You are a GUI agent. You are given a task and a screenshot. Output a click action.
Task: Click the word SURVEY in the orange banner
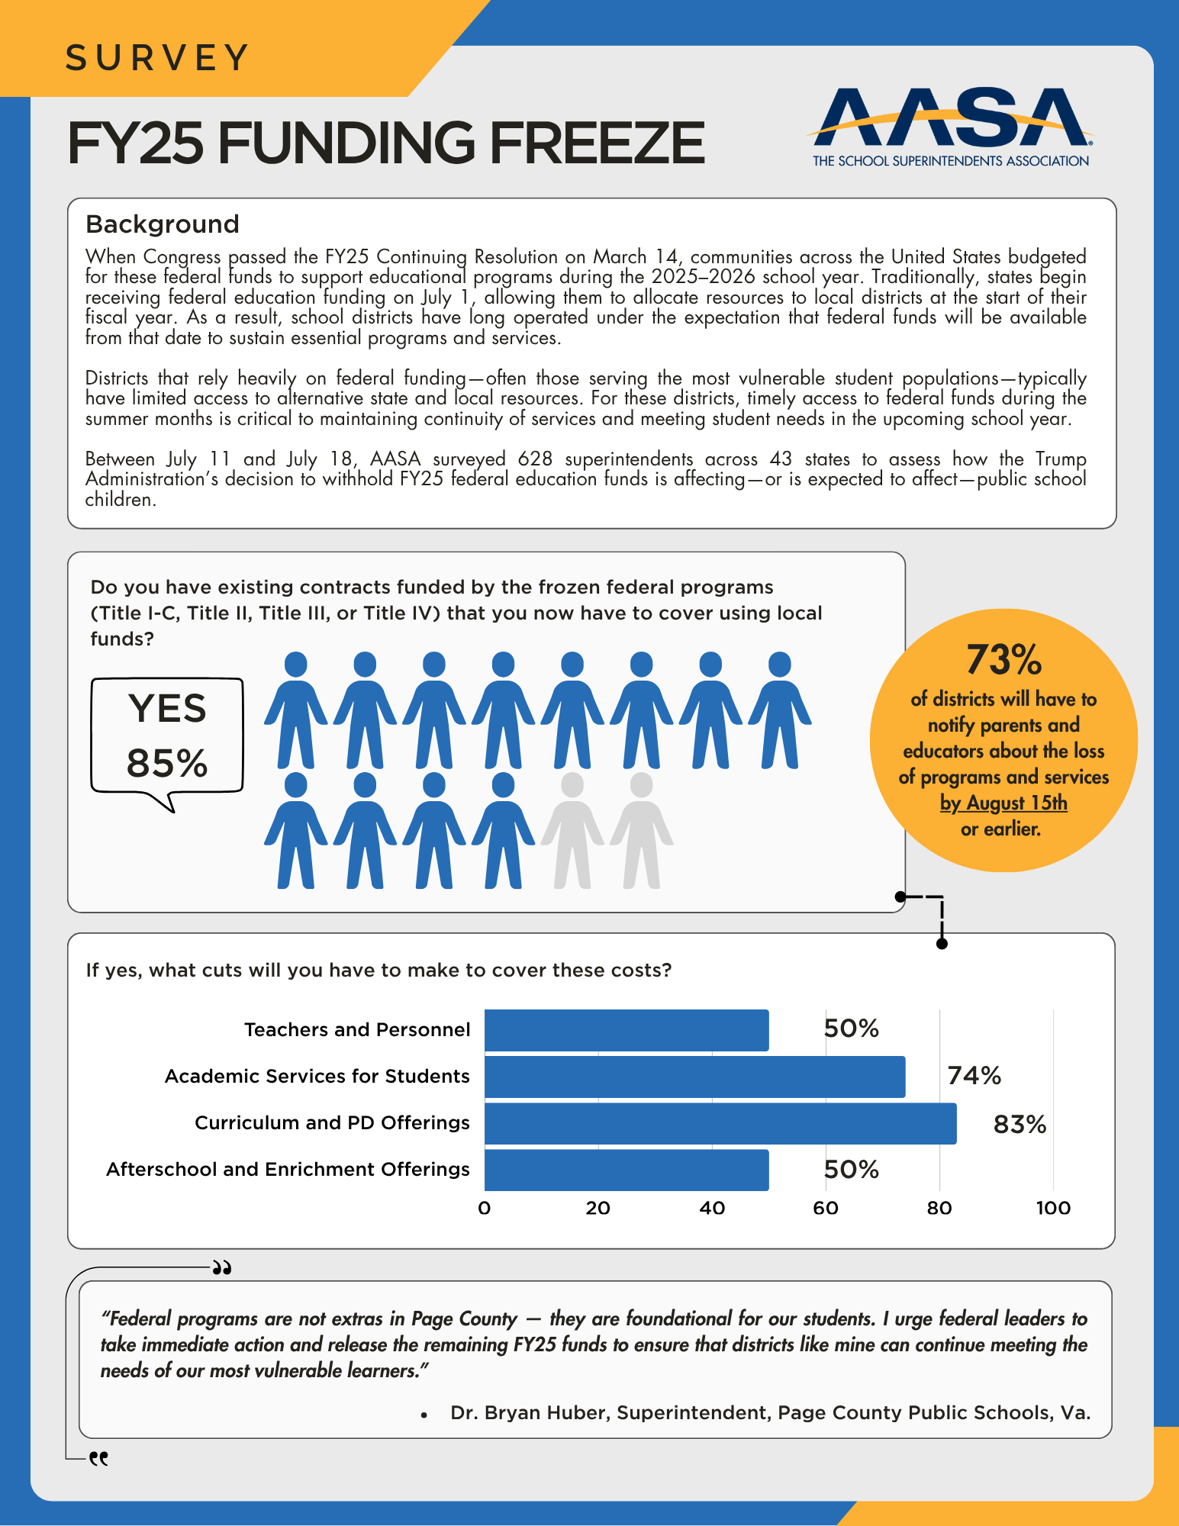coord(157,58)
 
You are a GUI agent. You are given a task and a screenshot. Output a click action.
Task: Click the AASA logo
coord(951,126)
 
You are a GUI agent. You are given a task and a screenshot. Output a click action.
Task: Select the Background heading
coord(163,224)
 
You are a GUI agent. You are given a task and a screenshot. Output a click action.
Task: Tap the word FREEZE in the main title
coord(598,143)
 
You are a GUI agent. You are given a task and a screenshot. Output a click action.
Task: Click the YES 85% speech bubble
coord(167,736)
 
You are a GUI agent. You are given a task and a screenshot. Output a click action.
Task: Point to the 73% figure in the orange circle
coord(1003,660)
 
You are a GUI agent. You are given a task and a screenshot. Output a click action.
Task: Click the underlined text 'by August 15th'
coord(1003,803)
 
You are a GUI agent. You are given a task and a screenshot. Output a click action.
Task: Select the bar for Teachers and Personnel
coord(626,1030)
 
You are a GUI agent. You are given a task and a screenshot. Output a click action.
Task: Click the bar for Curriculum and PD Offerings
coord(720,1123)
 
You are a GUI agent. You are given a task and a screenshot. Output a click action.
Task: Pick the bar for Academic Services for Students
coord(694,1077)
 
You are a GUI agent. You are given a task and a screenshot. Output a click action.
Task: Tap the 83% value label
coord(1020,1125)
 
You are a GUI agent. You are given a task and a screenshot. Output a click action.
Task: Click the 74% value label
coord(974,1076)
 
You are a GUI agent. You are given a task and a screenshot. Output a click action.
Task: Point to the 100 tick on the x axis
coord(1053,1208)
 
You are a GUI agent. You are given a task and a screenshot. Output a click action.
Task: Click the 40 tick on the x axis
coord(712,1208)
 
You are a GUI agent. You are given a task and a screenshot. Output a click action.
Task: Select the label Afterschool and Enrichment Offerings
coord(288,1170)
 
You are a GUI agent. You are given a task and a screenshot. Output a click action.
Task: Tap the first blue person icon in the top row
coord(296,710)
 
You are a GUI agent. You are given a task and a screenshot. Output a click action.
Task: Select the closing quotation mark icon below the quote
coord(98,1458)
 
